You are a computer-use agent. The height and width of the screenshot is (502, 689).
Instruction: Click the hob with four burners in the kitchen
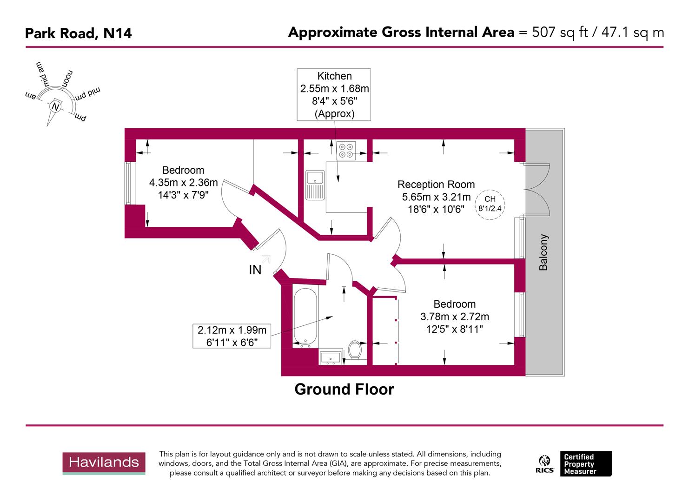pos(346,151)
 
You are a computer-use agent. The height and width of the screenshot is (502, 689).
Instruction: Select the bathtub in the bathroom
pos(305,317)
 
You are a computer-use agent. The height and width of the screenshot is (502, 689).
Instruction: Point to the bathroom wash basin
pos(331,357)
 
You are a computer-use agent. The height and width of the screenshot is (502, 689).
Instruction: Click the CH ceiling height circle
pos(490,204)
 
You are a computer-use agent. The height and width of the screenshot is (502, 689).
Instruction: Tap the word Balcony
pos(543,252)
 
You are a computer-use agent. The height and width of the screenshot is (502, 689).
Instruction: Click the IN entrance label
pos(255,270)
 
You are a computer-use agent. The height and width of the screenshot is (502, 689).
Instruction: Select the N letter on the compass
pos(56,107)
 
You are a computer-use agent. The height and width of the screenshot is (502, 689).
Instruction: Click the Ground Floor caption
pos(344,390)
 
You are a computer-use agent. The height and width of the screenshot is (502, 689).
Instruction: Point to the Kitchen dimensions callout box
pos(334,95)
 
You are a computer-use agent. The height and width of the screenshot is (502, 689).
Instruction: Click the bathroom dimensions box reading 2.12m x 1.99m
pos(232,336)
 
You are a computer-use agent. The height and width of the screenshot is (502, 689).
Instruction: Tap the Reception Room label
pos(436,185)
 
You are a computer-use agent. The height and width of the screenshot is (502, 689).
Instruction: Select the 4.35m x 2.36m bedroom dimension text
pos(183,183)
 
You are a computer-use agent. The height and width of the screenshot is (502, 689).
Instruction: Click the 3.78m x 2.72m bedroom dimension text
pos(454,317)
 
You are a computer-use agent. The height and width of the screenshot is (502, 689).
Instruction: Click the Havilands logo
pos(104,463)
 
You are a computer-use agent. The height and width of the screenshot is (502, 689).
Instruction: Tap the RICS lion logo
pos(544,463)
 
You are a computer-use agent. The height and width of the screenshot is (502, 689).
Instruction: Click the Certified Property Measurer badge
pos(585,463)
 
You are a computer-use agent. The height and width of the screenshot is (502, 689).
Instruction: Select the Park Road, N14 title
pos(78,33)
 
